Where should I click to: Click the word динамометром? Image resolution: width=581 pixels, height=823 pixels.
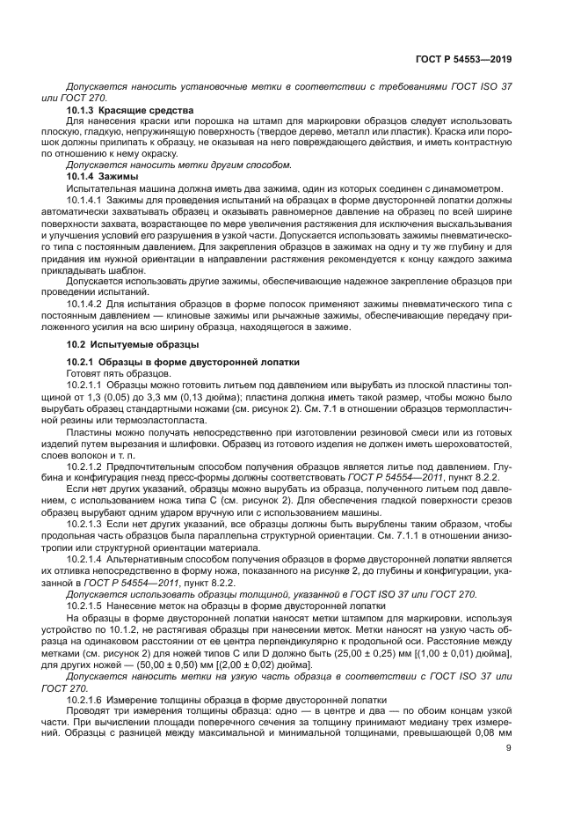point(470,188)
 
